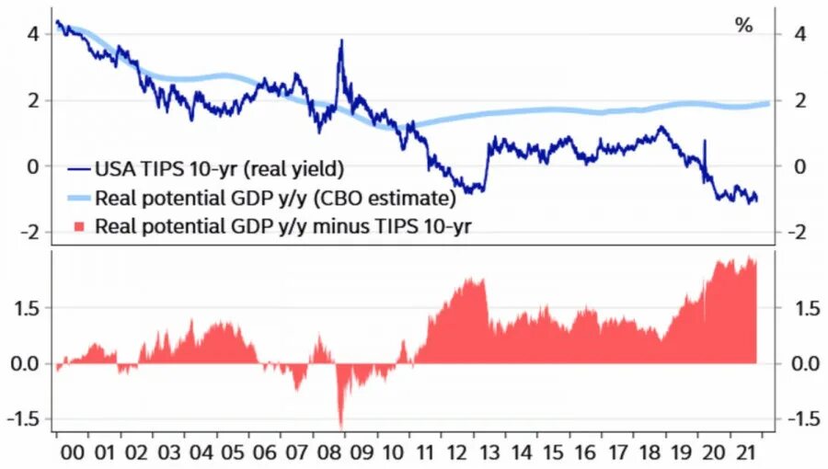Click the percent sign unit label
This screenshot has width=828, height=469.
(743, 26)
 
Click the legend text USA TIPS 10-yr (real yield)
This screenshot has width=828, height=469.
(219, 168)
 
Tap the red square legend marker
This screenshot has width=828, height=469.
(78, 225)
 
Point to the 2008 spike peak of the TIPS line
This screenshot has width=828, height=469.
(341, 41)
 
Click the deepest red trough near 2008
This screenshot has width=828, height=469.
(341, 427)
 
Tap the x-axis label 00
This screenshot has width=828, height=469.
(70, 452)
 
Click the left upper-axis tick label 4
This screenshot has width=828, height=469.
(33, 34)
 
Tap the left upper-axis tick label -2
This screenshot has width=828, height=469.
(30, 233)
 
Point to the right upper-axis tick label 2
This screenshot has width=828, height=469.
(799, 100)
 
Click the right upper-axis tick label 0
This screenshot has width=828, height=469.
(799, 166)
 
